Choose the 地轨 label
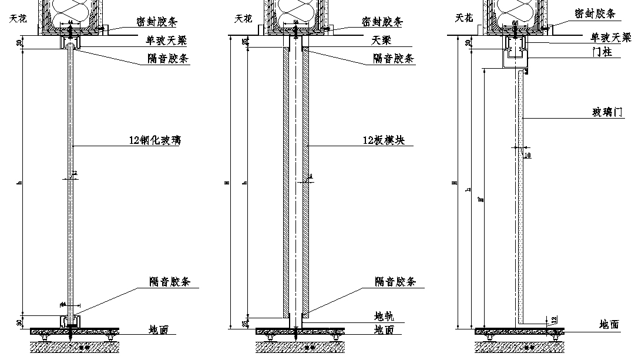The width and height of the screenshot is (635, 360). point(384,317)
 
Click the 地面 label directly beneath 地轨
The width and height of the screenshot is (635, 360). point(384,330)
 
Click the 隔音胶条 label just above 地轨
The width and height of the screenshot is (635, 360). point(395,282)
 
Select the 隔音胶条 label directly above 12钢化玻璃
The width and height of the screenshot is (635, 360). point(170,59)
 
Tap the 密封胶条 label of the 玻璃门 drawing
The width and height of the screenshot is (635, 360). point(594,13)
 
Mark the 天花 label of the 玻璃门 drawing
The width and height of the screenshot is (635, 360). point(464,18)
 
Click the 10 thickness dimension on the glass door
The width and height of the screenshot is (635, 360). point(527,155)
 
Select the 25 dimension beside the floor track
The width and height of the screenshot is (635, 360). point(245,322)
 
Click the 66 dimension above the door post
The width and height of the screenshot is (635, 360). point(515,23)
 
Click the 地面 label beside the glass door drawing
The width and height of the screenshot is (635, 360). point(609,324)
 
